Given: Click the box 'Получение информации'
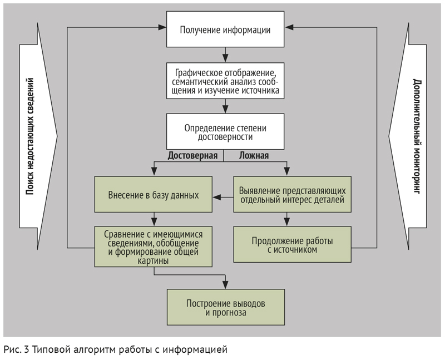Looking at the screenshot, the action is pos(225,29).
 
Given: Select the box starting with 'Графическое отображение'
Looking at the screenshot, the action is pos(225,81).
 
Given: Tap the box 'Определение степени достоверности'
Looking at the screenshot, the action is pos(225,131).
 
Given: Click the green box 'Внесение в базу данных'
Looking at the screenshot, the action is pos(154,195).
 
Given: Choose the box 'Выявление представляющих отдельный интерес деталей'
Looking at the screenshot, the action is pos(293,195).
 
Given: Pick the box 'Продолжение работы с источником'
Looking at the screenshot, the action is pos(293,244).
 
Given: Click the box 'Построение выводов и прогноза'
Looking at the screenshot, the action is pos(226,307).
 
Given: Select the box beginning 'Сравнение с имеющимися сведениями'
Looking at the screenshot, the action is pos(154,246).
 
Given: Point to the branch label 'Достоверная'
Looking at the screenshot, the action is pos(192,156).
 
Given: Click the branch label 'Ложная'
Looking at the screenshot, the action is pos(254,156).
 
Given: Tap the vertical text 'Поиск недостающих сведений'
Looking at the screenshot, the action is pos(30,136).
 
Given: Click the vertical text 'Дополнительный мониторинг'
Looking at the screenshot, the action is pos(416,136).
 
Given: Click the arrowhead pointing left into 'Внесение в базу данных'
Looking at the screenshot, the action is pos(217,197).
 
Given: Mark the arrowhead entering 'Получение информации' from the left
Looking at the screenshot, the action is pos(162,27).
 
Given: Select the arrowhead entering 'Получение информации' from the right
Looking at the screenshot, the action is pos(289,27).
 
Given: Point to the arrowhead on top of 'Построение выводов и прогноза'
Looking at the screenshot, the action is pos(225,285).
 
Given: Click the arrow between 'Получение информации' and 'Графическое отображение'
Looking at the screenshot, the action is pos(225,55).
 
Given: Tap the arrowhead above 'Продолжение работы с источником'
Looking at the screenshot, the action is pos(287,222).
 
